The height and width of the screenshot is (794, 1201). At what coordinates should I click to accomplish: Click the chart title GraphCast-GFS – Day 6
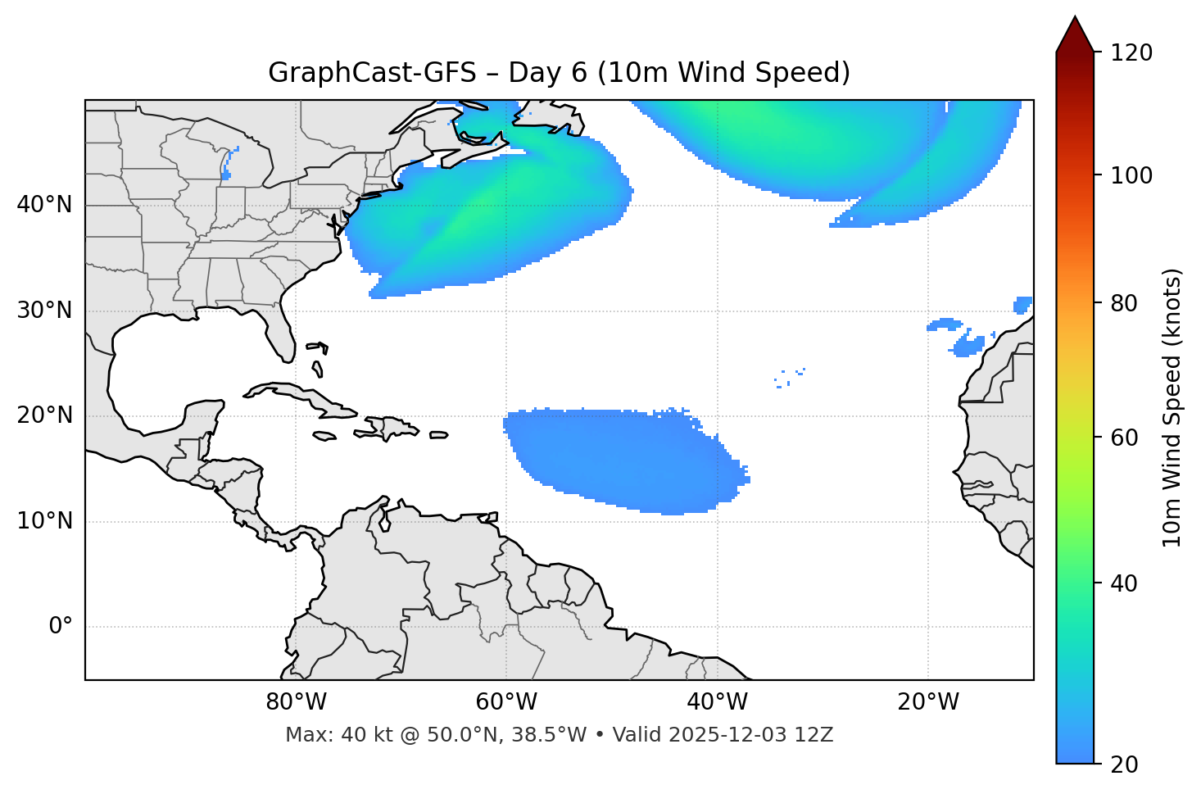(559, 73)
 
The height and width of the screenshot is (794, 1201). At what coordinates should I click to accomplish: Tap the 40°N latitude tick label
(44, 205)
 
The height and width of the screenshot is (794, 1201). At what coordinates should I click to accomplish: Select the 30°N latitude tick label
(44, 311)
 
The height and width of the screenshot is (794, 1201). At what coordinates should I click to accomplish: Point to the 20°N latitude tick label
(44, 415)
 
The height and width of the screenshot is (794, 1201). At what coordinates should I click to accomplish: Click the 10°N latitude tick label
(44, 521)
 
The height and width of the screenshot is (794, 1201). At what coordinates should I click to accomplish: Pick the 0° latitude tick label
(61, 627)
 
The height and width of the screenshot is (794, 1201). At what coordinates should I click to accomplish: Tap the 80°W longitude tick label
(296, 702)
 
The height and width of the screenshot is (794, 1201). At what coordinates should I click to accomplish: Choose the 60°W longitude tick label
(506, 702)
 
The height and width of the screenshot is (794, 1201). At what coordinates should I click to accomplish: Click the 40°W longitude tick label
(717, 702)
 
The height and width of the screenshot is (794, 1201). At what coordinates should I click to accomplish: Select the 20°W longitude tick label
(927, 702)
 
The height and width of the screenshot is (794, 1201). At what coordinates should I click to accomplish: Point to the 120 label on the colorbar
(1131, 52)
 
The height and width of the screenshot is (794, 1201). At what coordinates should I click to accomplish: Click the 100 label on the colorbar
(1131, 175)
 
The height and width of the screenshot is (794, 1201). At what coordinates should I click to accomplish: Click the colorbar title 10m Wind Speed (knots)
(1172, 407)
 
